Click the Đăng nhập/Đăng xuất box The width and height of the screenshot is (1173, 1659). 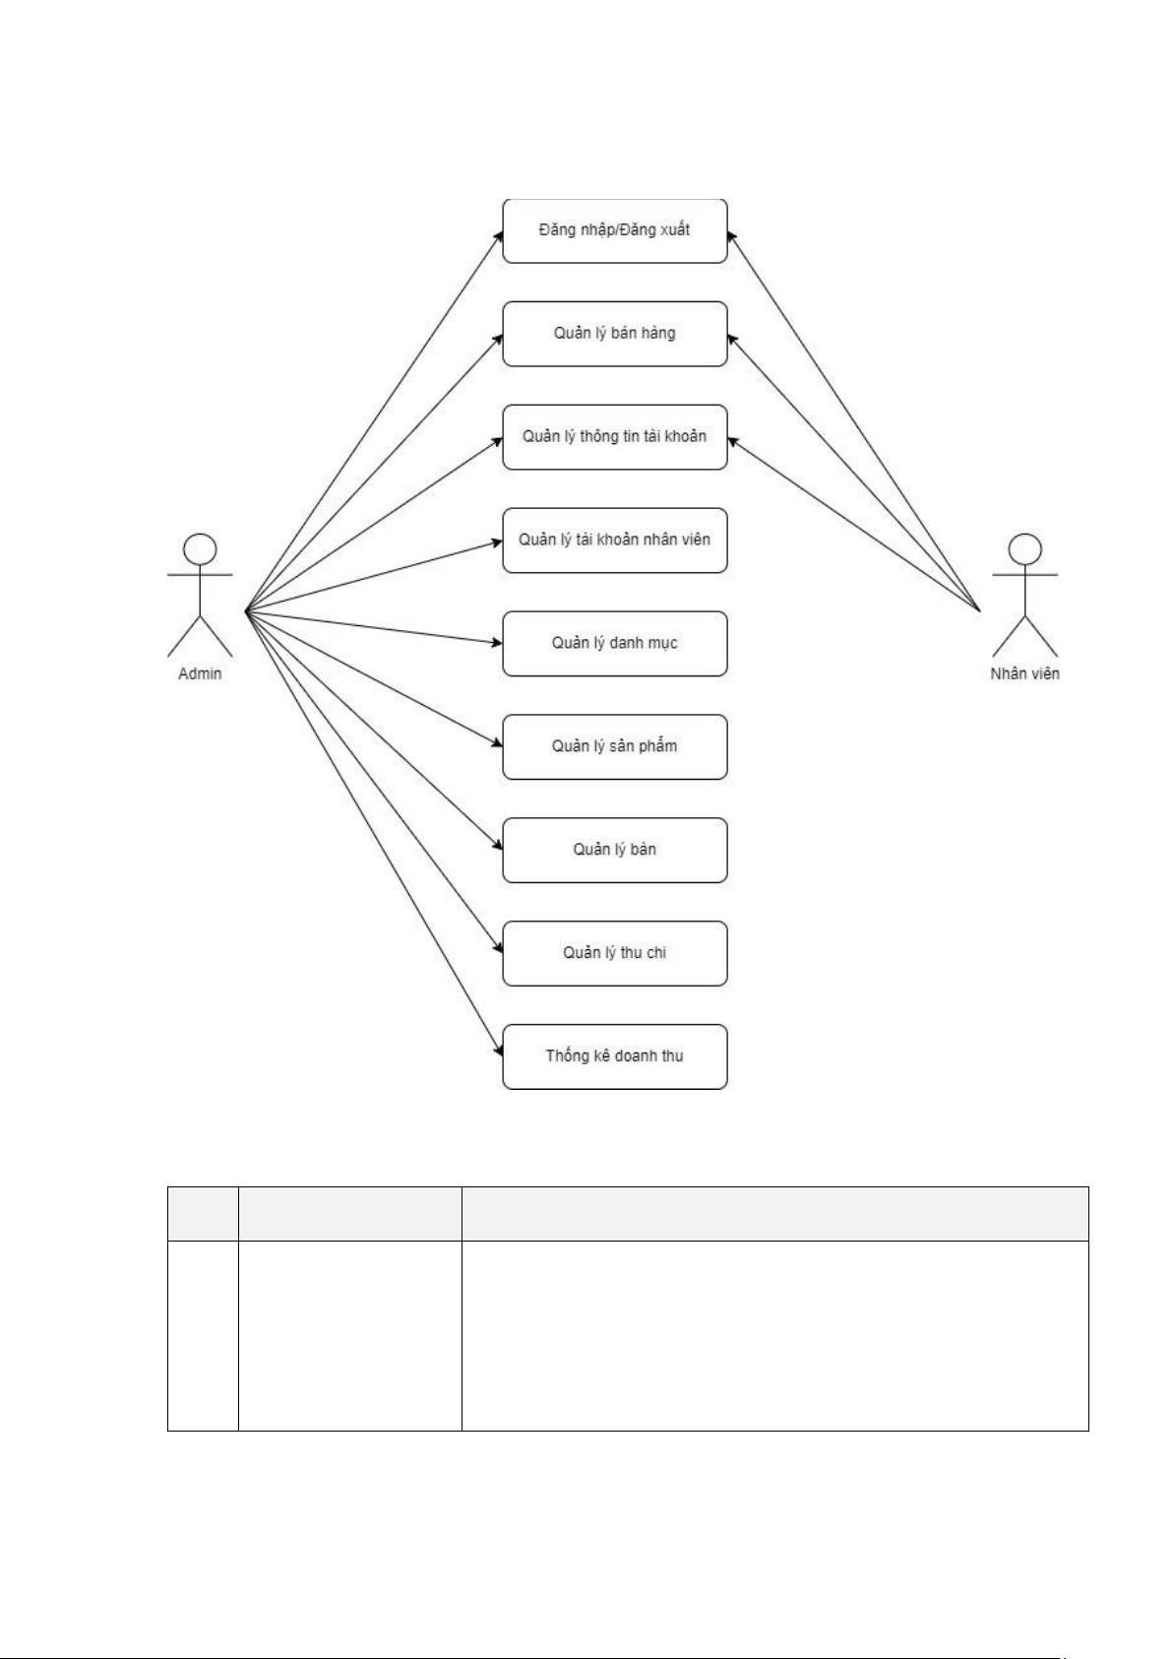[614, 230]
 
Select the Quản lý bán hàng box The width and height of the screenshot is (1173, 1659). [614, 334]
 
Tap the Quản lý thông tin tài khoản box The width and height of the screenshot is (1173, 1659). [614, 437]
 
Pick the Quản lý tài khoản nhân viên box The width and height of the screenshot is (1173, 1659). [614, 541]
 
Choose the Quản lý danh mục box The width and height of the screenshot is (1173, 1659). [614, 644]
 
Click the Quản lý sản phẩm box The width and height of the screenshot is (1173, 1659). [614, 747]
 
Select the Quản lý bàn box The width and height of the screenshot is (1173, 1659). [614, 851]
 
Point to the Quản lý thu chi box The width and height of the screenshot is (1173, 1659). [614, 954]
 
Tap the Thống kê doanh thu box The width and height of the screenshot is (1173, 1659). [614, 1056]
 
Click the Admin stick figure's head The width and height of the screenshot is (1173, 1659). [201, 547]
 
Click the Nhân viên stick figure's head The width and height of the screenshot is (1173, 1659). [1025, 547]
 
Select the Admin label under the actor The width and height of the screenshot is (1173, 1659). [200, 674]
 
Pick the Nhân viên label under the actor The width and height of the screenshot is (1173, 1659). [1024, 674]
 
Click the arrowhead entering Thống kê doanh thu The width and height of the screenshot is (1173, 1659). [498, 1053]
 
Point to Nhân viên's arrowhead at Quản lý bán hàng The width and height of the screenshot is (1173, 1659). [732, 337]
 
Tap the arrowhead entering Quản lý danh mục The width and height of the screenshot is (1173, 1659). [497, 643]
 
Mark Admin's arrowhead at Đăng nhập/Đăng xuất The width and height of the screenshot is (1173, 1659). [498, 236]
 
